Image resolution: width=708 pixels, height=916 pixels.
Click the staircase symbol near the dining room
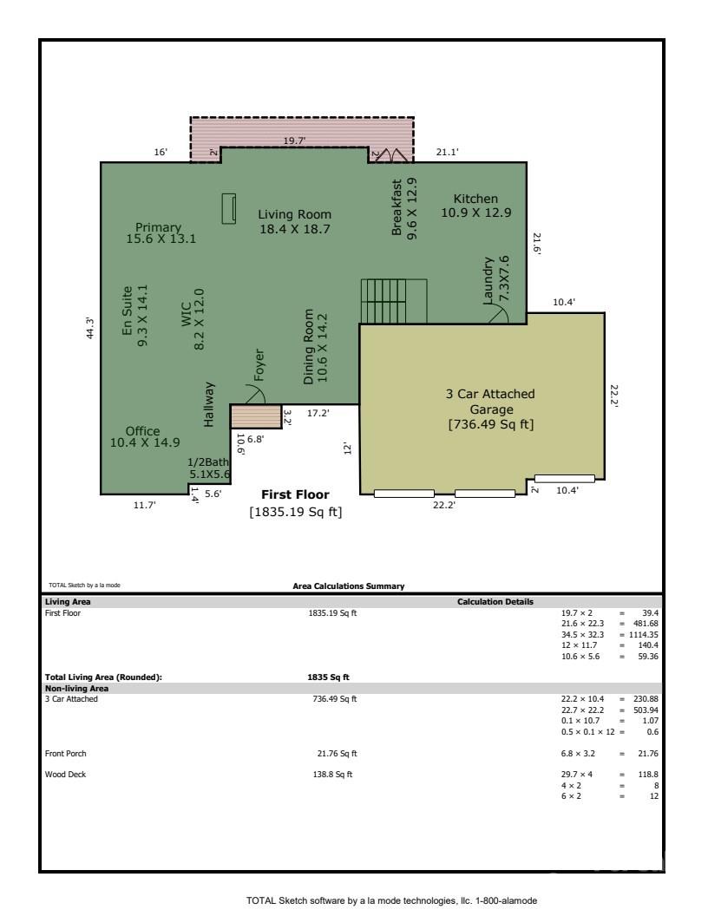pyautogui.click(x=394, y=301)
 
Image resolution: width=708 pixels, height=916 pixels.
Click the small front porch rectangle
pyautogui.click(x=256, y=416)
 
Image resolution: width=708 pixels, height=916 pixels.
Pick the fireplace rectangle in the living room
pyautogui.click(x=230, y=208)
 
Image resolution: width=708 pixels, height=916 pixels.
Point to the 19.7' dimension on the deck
pyautogui.click(x=296, y=139)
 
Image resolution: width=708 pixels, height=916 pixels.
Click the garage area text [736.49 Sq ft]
pyautogui.click(x=490, y=424)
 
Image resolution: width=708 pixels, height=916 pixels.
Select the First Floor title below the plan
pyautogui.click(x=295, y=494)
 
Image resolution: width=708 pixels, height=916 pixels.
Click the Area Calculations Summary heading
pyautogui.click(x=349, y=586)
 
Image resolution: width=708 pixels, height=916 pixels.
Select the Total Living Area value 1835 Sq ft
pyautogui.click(x=329, y=677)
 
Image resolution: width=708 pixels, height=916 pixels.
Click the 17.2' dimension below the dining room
pyautogui.click(x=318, y=413)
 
